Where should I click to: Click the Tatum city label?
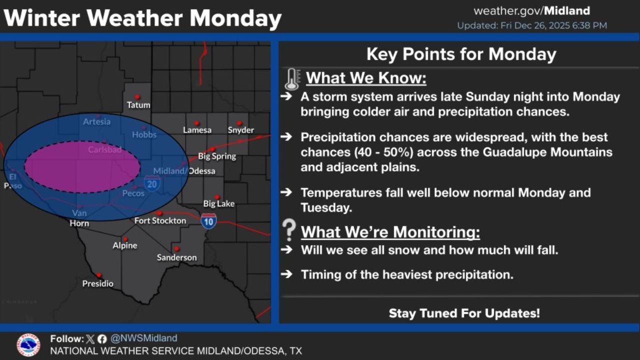pyautogui.click(x=138, y=105)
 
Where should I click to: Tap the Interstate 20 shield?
pyautogui.click(x=152, y=183)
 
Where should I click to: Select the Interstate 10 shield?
pyautogui.click(x=209, y=220)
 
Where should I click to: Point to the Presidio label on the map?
pyautogui.click(x=98, y=283)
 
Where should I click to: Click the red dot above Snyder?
pyautogui.click(x=239, y=123)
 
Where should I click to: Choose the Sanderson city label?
pyautogui.click(x=176, y=257)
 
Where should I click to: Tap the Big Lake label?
pyautogui.click(x=218, y=203)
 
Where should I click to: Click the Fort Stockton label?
pyautogui.click(x=160, y=220)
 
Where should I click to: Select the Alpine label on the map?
pyautogui.click(x=124, y=245)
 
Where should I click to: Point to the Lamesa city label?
pyautogui.click(x=197, y=130)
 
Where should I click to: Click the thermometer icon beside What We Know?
pyautogui.click(x=292, y=79)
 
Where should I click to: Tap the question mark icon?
pyautogui.click(x=289, y=230)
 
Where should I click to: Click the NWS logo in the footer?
pyautogui.click(x=28, y=345)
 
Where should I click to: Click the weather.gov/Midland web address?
pyautogui.click(x=531, y=11)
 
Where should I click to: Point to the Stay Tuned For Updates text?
pyautogui.click(x=464, y=313)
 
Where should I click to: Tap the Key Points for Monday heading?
pyautogui.click(x=461, y=54)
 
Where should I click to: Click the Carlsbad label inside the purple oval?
pyautogui.click(x=104, y=149)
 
